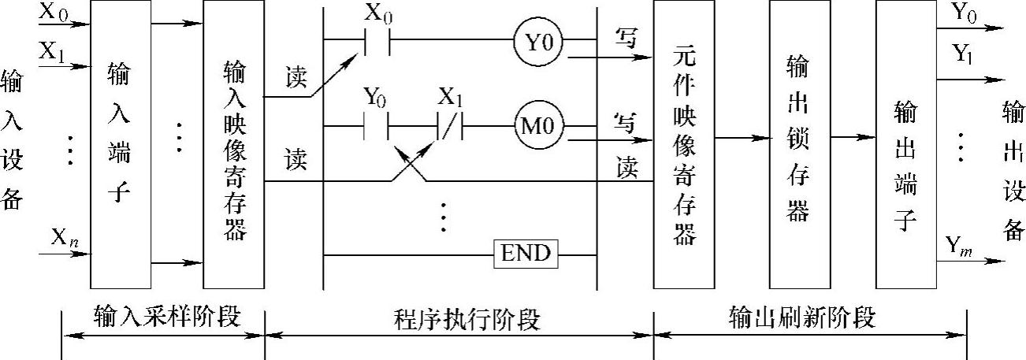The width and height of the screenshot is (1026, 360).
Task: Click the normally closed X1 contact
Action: [x=449, y=125]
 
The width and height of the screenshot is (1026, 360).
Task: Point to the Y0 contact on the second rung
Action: [x=375, y=125]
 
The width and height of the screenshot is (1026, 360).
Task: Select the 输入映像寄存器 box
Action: [x=233, y=145]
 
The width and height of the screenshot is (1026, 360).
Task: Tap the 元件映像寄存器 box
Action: [x=684, y=145]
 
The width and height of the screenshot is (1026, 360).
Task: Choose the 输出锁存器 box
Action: [x=799, y=145]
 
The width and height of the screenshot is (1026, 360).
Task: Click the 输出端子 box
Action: [x=905, y=145]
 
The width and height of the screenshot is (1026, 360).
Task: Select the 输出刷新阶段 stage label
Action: [x=802, y=317]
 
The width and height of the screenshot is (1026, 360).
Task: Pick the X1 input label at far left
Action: [x=52, y=52]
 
